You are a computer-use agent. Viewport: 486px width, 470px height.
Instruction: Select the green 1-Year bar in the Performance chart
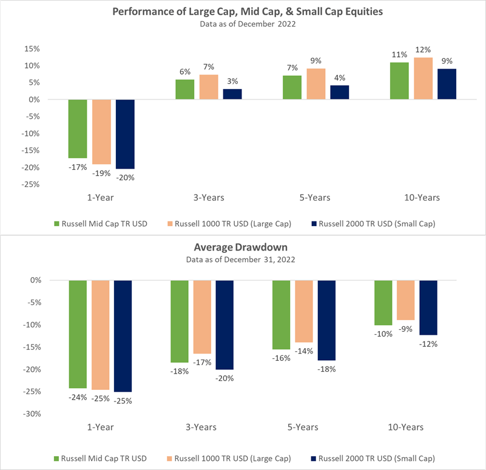[x=78, y=129]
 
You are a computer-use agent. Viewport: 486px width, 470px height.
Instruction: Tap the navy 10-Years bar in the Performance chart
[x=447, y=84]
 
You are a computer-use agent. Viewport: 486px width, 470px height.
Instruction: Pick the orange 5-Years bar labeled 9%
[x=316, y=84]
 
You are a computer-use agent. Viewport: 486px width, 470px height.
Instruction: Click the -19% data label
[x=101, y=173]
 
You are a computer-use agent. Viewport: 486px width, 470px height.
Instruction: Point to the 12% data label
[x=424, y=50]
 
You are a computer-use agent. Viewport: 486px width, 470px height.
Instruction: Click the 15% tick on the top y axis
[x=30, y=49]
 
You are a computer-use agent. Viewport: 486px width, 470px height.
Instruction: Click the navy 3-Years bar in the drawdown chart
[x=224, y=325]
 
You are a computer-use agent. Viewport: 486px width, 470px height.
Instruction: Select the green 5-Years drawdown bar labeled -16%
[x=282, y=315]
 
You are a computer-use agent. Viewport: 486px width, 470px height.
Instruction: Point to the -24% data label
[x=78, y=397]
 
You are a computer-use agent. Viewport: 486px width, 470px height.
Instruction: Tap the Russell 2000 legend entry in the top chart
[x=373, y=224]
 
